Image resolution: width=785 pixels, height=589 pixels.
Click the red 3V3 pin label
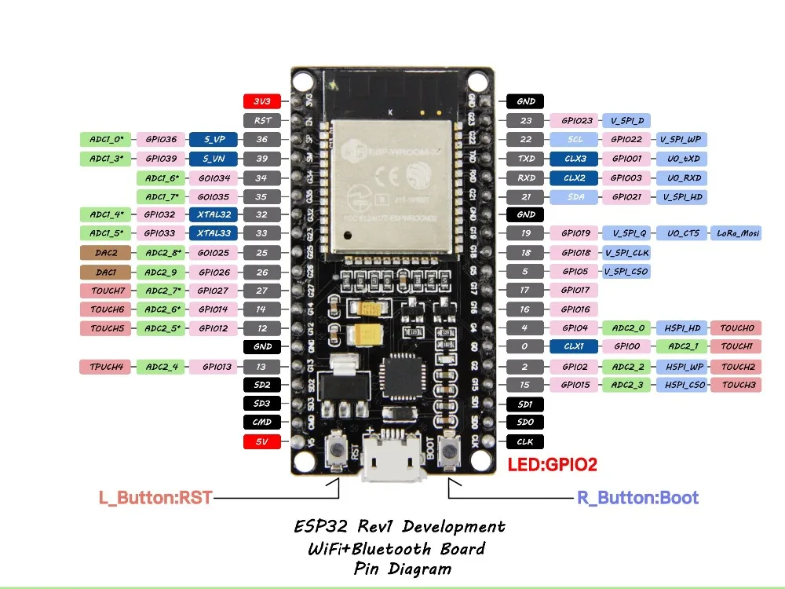point(262,101)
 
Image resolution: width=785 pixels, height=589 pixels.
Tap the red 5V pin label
point(262,441)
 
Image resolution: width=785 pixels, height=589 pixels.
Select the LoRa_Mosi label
point(736,233)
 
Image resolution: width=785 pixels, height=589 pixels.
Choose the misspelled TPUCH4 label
point(106,366)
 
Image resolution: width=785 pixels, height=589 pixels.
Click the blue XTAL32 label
point(214,214)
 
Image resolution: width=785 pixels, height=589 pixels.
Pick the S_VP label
point(214,139)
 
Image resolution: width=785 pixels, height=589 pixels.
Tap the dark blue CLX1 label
point(575,346)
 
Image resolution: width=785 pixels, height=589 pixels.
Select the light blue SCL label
point(575,139)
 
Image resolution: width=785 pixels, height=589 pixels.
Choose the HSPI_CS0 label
point(683,385)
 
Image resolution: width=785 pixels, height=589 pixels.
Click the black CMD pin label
point(262,423)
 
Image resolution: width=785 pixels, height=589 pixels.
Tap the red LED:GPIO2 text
point(552,465)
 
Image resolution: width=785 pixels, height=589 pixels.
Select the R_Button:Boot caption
point(637,498)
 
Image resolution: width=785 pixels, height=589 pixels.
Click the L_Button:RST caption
point(155,498)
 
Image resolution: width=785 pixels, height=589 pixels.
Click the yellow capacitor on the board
point(368,333)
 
